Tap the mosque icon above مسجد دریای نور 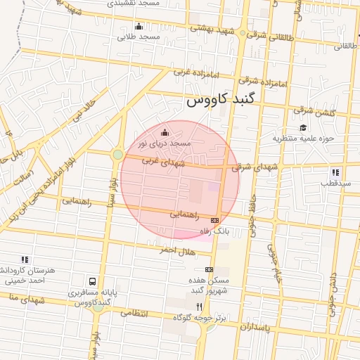[165, 132]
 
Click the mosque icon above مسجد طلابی [139, 27]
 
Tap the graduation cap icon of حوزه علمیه [303, 127]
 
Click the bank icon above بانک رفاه [215, 221]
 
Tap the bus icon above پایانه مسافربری [92, 281]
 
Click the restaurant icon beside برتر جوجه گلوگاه [200, 307]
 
